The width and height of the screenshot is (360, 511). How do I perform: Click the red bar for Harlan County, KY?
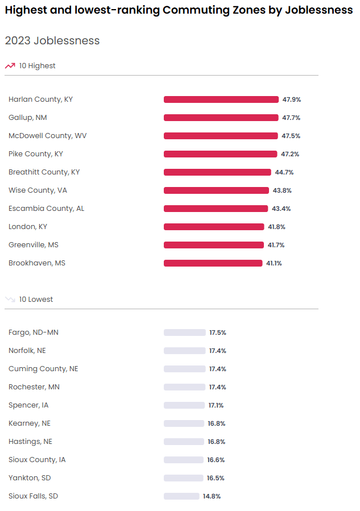pos(221,99)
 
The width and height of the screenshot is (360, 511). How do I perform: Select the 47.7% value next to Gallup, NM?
pos(291,118)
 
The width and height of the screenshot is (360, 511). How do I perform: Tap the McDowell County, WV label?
pos(48,136)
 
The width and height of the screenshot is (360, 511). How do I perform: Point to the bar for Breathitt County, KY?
pos(217,172)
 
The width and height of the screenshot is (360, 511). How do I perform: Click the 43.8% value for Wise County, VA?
pos(282,190)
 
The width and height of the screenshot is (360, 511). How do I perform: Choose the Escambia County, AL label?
pos(46,209)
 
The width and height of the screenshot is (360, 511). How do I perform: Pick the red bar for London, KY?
pos(214,227)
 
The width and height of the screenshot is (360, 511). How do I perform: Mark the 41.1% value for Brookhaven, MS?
pos(273,263)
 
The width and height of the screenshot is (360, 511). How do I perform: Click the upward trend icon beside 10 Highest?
pos(10,66)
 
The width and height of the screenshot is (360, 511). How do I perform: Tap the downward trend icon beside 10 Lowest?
pos(10,300)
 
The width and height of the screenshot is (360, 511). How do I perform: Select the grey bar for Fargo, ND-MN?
pos(184,333)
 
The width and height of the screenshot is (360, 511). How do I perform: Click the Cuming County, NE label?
pos(43,369)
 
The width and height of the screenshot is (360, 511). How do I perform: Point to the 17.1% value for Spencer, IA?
pos(216,405)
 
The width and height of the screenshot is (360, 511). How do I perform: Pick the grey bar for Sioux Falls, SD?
pos(181,496)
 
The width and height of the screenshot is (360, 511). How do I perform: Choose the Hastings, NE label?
pos(30,442)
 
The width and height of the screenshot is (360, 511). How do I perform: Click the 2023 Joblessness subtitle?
pos(52,41)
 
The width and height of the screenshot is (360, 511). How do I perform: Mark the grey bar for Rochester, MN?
pos(184,387)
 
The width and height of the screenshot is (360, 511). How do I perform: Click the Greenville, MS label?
pos(34,245)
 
